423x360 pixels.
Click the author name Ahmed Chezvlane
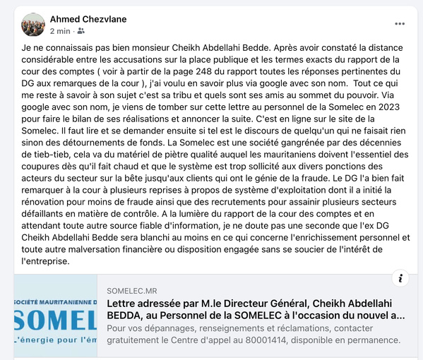click(x=88, y=18)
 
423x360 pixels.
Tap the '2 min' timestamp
click(x=60, y=31)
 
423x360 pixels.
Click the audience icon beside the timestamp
click(x=81, y=31)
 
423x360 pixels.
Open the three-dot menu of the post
click(x=400, y=23)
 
